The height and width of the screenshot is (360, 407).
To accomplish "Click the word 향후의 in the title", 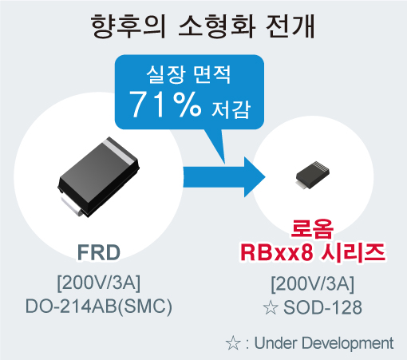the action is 128,26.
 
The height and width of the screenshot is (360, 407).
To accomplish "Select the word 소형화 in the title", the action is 217,26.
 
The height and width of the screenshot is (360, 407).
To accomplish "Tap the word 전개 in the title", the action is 290,26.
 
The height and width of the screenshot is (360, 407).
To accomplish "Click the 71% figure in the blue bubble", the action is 165,105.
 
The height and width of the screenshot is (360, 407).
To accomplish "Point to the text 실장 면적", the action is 188,74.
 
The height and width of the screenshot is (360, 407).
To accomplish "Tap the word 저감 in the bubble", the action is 231,109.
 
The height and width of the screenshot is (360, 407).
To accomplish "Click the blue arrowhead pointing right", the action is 255,177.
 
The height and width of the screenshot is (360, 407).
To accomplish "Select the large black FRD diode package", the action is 98,177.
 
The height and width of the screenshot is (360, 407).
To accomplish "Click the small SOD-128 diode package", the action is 313,175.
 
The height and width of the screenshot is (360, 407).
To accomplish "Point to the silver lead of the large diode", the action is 70,204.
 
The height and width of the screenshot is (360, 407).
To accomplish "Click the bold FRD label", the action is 99,252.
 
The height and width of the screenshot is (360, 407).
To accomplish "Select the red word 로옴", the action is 312,228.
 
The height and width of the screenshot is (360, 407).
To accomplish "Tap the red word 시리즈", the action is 353,252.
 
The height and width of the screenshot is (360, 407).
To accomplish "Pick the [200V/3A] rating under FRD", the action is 99,283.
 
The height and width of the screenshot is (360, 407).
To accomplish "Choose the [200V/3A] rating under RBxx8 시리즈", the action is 313,284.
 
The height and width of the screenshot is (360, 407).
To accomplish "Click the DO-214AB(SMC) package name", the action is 99,307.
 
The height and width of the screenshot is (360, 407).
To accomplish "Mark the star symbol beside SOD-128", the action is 271,307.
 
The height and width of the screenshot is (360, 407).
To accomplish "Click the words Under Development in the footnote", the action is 324,343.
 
